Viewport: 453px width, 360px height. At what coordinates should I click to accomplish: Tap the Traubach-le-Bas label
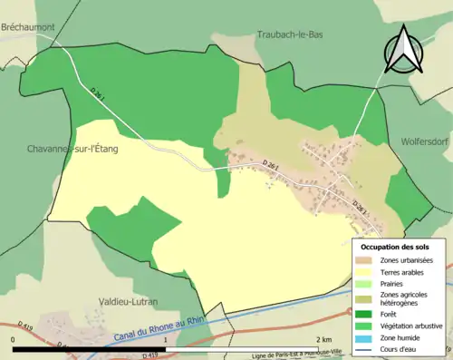pos(290,34)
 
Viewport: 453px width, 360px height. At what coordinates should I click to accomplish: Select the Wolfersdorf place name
pos(427,142)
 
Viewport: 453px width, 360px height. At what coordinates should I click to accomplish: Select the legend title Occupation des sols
pos(395,247)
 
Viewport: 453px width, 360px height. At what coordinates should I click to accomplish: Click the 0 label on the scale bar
pos(14,340)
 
